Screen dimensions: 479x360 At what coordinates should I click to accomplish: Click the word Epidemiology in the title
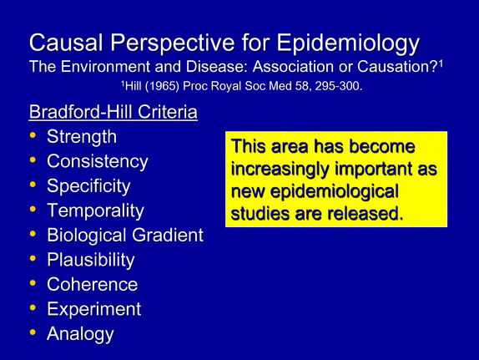tap(348, 43)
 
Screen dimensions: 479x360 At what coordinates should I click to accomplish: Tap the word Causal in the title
tap(66, 43)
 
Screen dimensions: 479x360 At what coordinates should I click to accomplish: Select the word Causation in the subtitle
tap(398, 66)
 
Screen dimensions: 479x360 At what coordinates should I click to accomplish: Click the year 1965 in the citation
tap(162, 86)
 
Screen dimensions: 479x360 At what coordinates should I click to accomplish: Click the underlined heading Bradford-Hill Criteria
tap(113, 112)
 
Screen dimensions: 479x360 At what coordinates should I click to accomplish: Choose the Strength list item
tap(82, 136)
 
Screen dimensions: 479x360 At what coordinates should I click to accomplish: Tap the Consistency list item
tap(98, 161)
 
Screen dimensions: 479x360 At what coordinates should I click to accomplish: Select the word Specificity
tap(88, 186)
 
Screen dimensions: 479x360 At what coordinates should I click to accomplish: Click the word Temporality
tap(95, 210)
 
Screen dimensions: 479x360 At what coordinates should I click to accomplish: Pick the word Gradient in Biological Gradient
tap(168, 235)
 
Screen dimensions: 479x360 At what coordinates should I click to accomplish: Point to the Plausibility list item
tap(91, 260)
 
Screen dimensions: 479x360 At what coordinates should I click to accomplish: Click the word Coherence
tap(93, 285)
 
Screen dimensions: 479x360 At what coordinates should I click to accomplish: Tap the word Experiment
tap(94, 309)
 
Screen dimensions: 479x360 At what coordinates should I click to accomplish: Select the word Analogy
tap(80, 334)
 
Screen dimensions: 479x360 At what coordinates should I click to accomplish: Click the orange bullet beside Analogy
tap(33, 332)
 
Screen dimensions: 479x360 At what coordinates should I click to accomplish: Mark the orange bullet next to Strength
tap(33, 134)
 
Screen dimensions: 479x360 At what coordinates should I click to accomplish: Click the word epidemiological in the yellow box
tap(335, 192)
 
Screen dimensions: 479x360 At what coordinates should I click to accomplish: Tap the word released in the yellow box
tap(364, 213)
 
